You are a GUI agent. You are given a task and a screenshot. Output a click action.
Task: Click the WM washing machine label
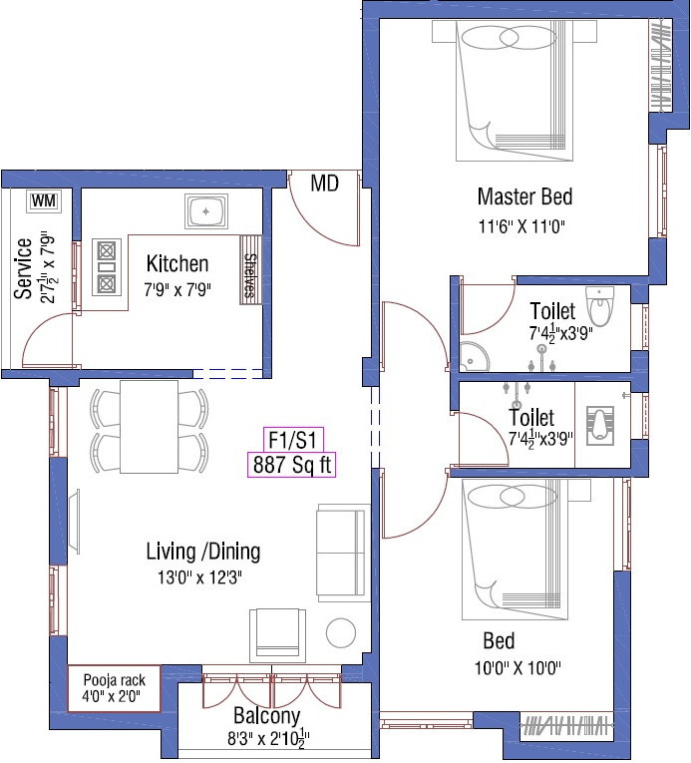click(44, 200)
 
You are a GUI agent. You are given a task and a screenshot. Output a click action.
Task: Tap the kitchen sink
click(206, 211)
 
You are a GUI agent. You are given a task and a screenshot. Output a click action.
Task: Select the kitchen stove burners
click(107, 267)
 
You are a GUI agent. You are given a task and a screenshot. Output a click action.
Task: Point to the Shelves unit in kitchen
click(250, 270)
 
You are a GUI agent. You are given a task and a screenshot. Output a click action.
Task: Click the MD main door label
click(325, 184)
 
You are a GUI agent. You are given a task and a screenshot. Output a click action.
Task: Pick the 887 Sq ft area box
click(291, 464)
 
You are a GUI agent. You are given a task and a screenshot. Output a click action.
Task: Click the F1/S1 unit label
click(293, 440)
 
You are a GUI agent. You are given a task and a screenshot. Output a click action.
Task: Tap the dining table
click(149, 427)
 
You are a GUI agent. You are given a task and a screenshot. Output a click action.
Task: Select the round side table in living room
click(341, 633)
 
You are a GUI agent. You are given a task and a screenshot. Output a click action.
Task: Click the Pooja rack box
click(115, 688)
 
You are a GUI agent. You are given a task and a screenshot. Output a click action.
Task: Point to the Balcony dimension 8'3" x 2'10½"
click(268, 738)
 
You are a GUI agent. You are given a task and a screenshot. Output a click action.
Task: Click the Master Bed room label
click(524, 196)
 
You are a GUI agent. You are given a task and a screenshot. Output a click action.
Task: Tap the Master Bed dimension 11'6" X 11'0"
click(521, 226)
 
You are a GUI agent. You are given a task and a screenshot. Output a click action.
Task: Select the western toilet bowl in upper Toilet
click(600, 305)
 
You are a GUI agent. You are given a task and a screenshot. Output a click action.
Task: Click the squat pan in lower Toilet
click(600, 426)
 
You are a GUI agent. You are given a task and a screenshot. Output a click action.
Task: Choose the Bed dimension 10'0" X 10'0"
click(518, 668)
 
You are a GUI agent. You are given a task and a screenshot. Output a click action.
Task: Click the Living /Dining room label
click(203, 552)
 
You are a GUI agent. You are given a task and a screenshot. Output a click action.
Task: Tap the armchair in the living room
click(278, 635)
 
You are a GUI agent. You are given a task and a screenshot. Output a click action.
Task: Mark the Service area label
click(23, 268)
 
